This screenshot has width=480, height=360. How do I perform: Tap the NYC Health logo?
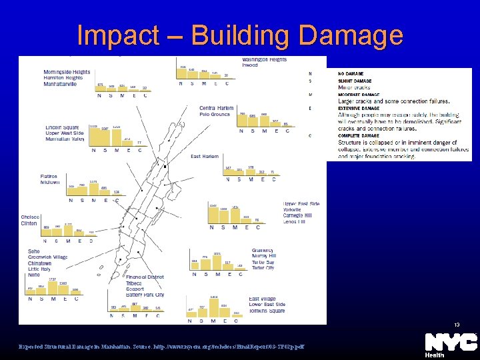451,345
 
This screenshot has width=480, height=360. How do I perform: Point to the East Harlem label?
205,157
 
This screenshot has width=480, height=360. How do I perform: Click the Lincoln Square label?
62,127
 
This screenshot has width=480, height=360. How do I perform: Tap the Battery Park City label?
145,295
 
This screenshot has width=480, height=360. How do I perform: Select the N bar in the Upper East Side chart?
213,214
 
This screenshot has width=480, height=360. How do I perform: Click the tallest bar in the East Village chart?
213,306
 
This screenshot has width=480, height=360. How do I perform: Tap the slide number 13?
457,325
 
